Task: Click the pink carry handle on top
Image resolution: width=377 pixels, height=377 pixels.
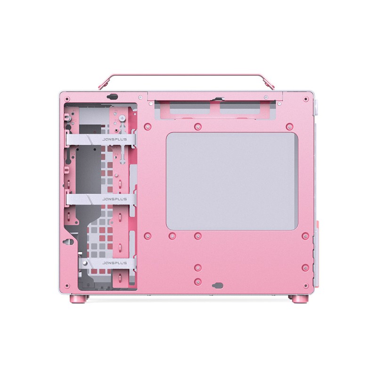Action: point(188,75)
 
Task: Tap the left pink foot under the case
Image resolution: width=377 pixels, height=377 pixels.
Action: point(75,299)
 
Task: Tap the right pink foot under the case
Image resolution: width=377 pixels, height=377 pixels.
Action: point(298,299)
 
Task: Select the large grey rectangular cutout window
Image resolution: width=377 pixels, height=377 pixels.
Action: point(232,181)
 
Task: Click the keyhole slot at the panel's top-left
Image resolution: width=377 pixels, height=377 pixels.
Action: point(112,97)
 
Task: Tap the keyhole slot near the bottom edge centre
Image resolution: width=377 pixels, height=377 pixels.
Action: point(217,286)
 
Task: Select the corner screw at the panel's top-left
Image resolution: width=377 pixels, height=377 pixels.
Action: point(67,99)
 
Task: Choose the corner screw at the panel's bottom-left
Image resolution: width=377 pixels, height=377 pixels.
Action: point(67,284)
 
